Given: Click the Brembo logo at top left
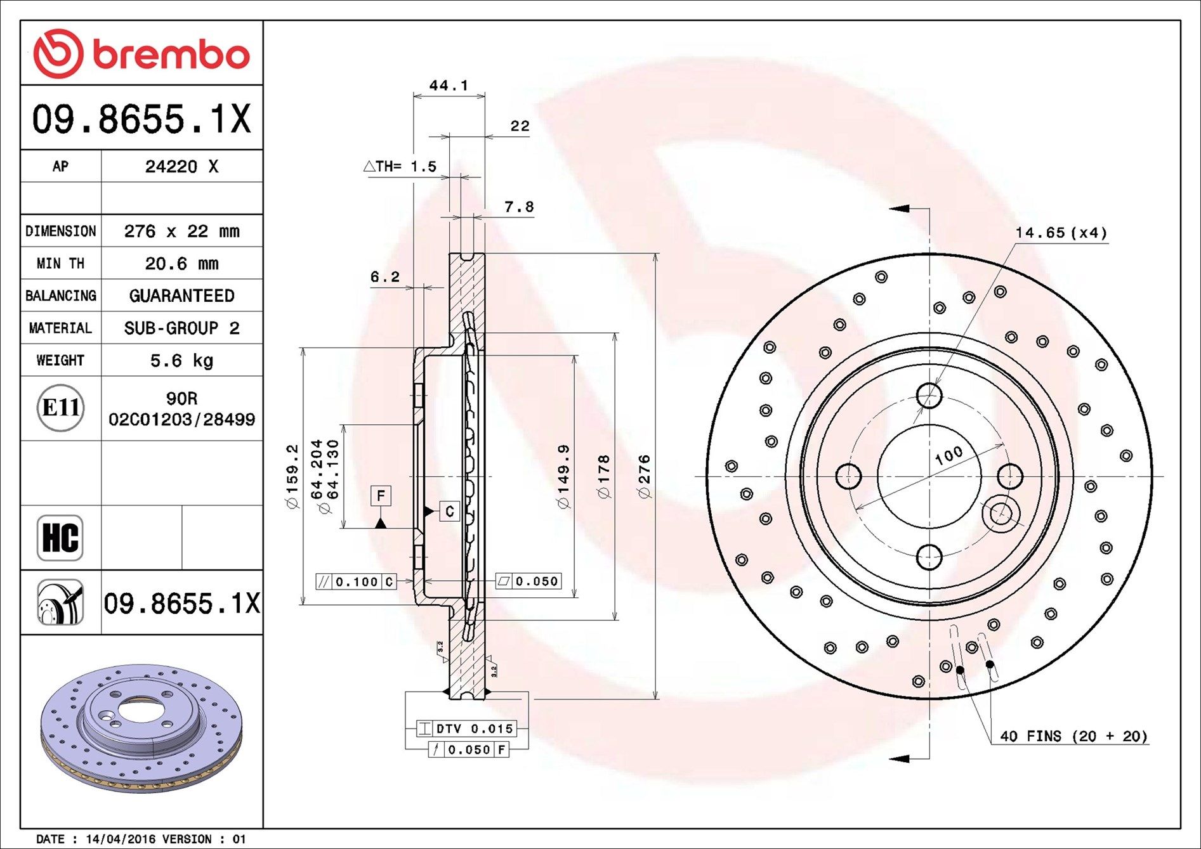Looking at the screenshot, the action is pyautogui.click(x=141, y=53).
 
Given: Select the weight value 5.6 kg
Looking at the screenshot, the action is pyautogui.click(x=181, y=360).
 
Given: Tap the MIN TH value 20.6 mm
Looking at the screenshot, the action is pyautogui.click(x=181, y=263).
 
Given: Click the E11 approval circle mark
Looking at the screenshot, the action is pyautogui.click(x=60, y=408).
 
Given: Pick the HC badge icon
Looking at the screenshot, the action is pyautogui.click(x=60, y=538).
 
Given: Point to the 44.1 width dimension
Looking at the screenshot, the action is pyautogui.click(x=449, y=85).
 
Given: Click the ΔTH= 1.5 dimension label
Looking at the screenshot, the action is pyautogui.click(x=400, y=167).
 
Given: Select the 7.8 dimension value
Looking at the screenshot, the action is pyautogui.click(x=519, y=207).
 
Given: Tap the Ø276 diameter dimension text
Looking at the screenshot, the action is pyautogui.click(x=644, y=476).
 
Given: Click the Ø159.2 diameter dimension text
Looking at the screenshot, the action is pyautogui.click(x=292, y=476).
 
